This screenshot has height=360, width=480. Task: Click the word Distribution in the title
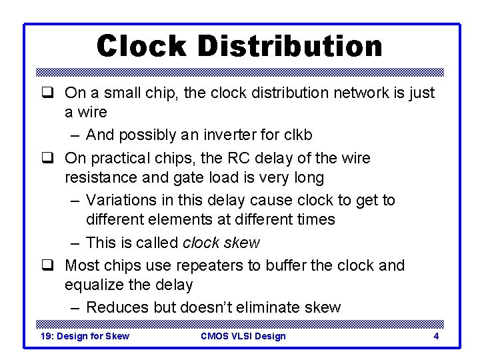click(x=290, y=46)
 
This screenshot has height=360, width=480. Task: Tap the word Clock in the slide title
click(x=141, y=46)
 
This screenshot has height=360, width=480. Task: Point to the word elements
click(x=181, y=219)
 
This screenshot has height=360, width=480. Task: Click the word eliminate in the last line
click(x=271, y=307)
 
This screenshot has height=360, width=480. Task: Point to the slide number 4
click(x=436, y=336)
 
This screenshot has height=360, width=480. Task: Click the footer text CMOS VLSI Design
click(x=243, y=336)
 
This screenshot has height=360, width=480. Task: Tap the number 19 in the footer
click(x=47, y=336)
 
